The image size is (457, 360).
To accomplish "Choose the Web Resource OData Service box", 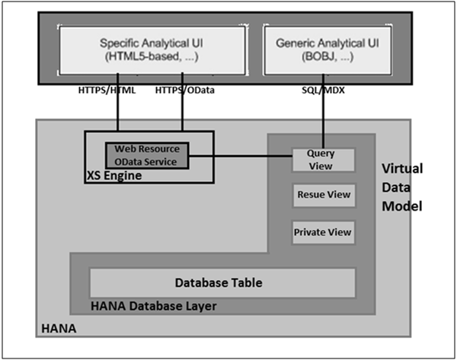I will (147, 155).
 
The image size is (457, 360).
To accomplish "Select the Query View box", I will (323, 159).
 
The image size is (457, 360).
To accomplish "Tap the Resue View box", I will (323, 195).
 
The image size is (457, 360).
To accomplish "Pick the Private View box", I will (323, 231).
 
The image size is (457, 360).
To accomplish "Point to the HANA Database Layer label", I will (153, 306).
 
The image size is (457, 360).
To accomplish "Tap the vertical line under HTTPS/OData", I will (182, 114).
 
